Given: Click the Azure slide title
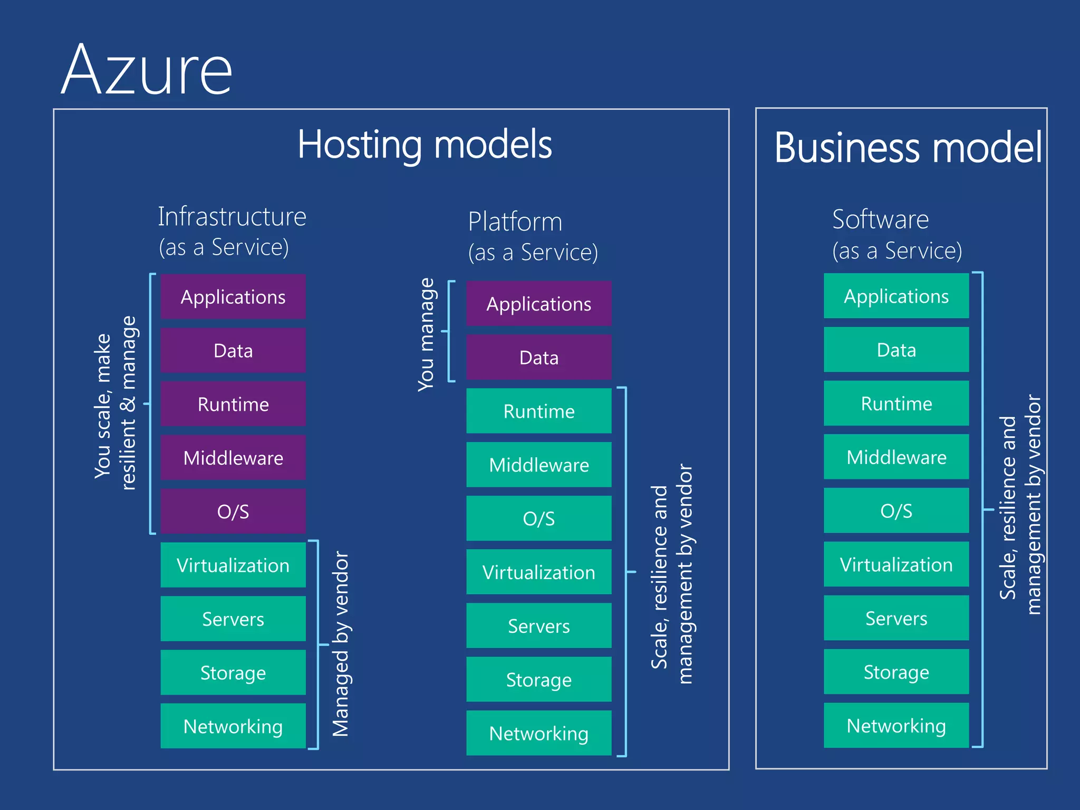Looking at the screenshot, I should pyautogui.click(x=147, y=70).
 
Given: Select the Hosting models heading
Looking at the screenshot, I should pyautogui.click(x=425, y=144).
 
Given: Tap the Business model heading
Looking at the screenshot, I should pyautogui.click(x=908, y=148).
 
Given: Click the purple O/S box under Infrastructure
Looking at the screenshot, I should pyautogui.click(x=233, y=512).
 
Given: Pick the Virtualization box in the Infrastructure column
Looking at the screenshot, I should pyautogui.click(x=233, y=565).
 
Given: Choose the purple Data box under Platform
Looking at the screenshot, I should pyautogui.click(x=538, y=358).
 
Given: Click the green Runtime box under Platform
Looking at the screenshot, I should pyautogui.click(x=538, y=411).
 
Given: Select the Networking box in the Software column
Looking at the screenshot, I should pyautogui.click(x=896, y=726).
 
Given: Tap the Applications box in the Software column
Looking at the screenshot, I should pyautogui.click(x=896, y=296).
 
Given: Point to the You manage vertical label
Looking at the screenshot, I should pyautogui.click(x=426, y=334).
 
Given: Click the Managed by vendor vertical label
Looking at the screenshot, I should pyautogui.click(x=341, y=643).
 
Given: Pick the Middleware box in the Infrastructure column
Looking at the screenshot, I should pyautogui.click(x=233, y=458).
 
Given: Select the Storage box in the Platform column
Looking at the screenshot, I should pyautogui.click(x=538, y=680).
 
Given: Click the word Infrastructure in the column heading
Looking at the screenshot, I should pyautogui.click(x=232, y=217).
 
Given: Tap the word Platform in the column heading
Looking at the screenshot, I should pyautogui.click(x=515, y=221).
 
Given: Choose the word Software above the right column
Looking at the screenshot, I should pyautogui.click(x=880, y=219).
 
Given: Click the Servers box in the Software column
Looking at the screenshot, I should pyautogui.click(x=896, y=618).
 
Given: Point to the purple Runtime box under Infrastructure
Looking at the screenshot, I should pyautogui.click(x=233, y=404).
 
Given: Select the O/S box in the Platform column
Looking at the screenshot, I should pyautogui.click(x=538, y=518).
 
